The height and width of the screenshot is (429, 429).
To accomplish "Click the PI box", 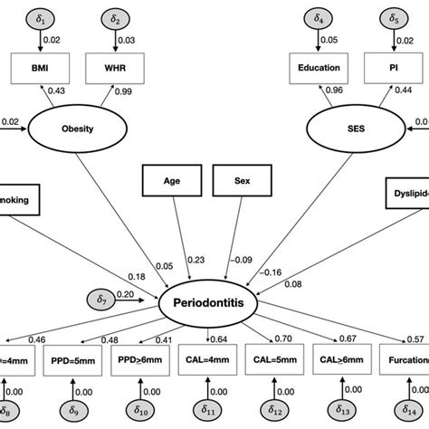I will (394, 67).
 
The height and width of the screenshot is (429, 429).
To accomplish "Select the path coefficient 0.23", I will (195, 260).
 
